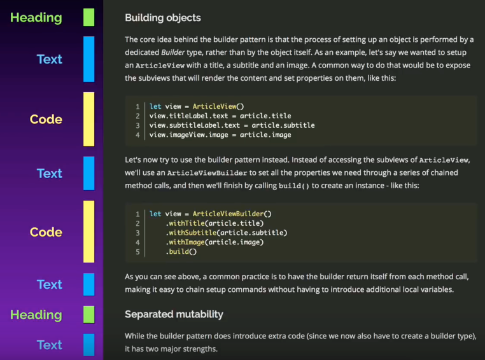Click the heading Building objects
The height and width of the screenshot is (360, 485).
[162, 18]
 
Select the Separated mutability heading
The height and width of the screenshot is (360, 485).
[174, 314]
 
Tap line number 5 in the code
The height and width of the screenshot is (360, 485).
[137, 252]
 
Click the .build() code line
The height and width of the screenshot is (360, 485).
[181, 252]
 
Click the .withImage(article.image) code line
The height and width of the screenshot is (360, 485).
[214, 242]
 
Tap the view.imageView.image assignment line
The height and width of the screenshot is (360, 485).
[220, 135]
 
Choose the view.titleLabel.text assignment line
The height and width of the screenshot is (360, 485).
[220, 116]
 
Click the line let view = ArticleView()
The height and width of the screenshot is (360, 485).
[197, 106]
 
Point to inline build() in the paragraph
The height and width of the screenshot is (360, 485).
[294, 186]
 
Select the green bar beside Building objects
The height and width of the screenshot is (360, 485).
[89, 18]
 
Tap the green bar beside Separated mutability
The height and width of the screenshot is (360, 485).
[89, 314]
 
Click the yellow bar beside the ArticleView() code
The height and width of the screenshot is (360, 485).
[89, 119]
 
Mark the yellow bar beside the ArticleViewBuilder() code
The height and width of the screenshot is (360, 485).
[89, 232]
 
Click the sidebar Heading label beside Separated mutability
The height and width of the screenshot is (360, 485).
[36, 315]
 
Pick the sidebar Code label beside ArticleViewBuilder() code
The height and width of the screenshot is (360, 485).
[46, 232]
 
